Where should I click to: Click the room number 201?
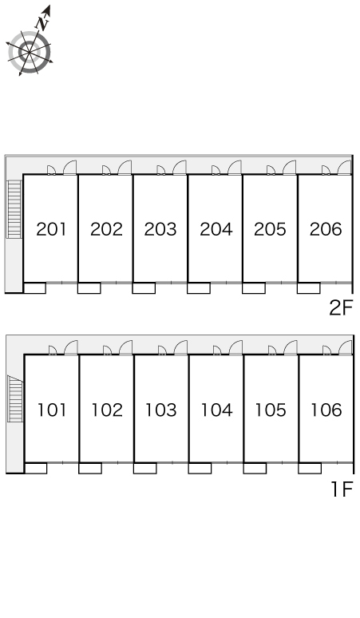[51, 229]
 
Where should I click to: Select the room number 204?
[216, 229]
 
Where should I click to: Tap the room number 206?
[326, 229]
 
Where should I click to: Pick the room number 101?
[52, 410]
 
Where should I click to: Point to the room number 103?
[160, 410]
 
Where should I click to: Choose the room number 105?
[270, 410]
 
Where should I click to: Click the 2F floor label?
[341, 307]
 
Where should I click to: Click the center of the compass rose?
[30, 52]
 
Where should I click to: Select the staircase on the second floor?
[14, 209]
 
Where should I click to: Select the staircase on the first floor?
[15, 398]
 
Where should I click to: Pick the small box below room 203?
[144, 288]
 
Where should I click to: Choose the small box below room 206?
[308, 288]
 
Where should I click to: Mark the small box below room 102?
[90, 468]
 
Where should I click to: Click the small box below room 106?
[310, 468]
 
